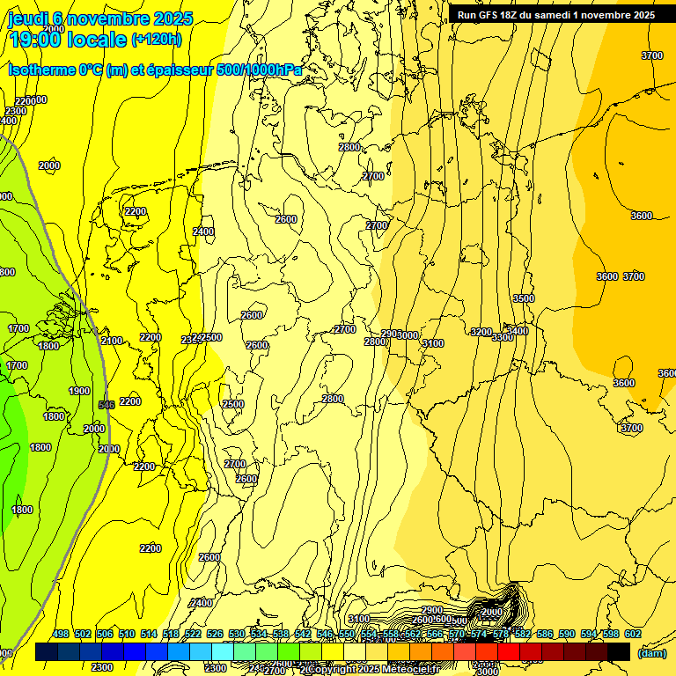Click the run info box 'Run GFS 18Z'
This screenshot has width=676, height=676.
pos(555,15)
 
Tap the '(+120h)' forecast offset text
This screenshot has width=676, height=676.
pos(157,39)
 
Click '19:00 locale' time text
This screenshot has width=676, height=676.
pos(68,40)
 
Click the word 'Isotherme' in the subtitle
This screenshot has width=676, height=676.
pos(43,70)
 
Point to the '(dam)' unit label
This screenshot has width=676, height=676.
pos(651,653)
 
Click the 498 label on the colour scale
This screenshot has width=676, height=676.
pos(61,634)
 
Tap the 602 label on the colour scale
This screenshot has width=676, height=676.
pos(633,634)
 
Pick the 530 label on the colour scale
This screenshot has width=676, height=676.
pos(237,634)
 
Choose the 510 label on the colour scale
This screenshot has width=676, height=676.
pos(127,634)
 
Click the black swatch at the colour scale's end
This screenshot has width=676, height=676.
pos(619,651)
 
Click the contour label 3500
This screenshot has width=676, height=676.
pos(524,298)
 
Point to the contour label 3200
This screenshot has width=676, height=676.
pos(481,332)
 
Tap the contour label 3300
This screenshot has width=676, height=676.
pos(503,337)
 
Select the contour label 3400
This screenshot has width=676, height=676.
pos(518,331)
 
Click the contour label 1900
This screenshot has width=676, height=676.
pos(79,391)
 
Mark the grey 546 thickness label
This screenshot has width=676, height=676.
pos(107,404)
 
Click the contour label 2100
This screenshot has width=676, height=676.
pos(112,341)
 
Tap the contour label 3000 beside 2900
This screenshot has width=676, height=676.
pos(408,335)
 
